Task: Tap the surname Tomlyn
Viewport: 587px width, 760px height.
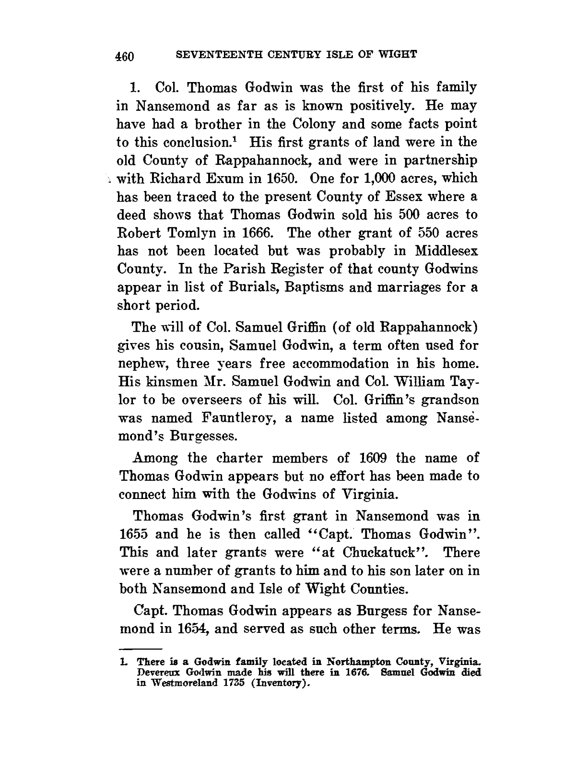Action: [200, 233]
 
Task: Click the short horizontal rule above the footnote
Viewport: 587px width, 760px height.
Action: [141, 647]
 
